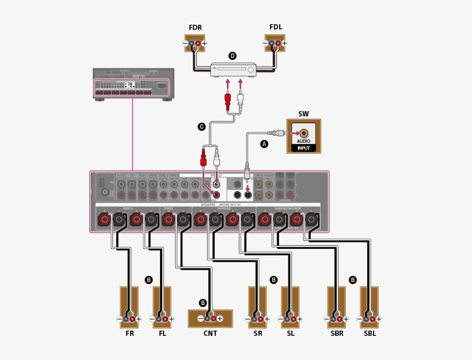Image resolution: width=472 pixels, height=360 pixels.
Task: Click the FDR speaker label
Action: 195,27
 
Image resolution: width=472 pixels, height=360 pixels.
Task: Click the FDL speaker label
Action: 276,27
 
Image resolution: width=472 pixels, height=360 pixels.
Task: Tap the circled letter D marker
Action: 233,56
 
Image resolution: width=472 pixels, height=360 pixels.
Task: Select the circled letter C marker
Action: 201,127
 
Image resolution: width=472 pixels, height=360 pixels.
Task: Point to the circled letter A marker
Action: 264,144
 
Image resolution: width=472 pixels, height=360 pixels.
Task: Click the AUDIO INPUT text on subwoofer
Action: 303,144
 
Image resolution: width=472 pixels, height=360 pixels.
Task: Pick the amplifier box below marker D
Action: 233,70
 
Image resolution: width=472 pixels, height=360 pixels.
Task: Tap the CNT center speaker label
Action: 210,332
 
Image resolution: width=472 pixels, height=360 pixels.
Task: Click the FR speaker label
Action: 130,332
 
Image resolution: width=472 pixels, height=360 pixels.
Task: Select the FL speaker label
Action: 162,332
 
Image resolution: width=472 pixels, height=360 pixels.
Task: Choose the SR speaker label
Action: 257,332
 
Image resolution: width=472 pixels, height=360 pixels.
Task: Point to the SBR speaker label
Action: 337,332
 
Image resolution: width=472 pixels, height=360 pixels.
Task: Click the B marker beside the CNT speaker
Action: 203,302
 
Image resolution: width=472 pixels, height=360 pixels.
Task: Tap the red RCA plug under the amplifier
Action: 228,101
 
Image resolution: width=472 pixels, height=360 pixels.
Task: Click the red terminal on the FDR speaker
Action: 198,44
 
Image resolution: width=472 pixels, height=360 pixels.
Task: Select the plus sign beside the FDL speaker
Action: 284,44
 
